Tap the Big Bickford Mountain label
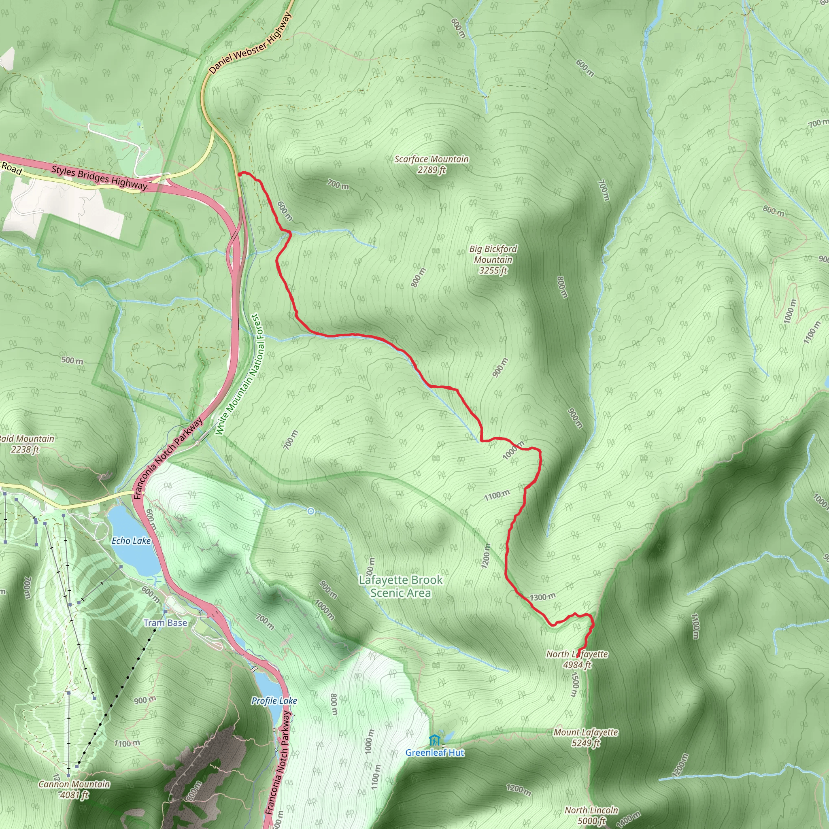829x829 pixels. click(x=493, y=259)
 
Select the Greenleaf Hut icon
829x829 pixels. click(x=434, y=741)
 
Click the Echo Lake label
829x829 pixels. click(x=131, y=541)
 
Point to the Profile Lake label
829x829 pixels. click(x=274, y=701)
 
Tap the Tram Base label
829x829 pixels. click(x=165, y=623)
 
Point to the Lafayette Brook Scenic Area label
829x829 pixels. click(x=400, y=587)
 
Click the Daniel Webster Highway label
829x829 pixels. click(x=250, y=43)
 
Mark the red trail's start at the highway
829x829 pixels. click(x=239, y=174)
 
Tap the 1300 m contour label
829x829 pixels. click(x=542, y=597)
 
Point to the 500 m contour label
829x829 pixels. click(x=72, y=360)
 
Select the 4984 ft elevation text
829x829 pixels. click(x=577, y=665)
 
